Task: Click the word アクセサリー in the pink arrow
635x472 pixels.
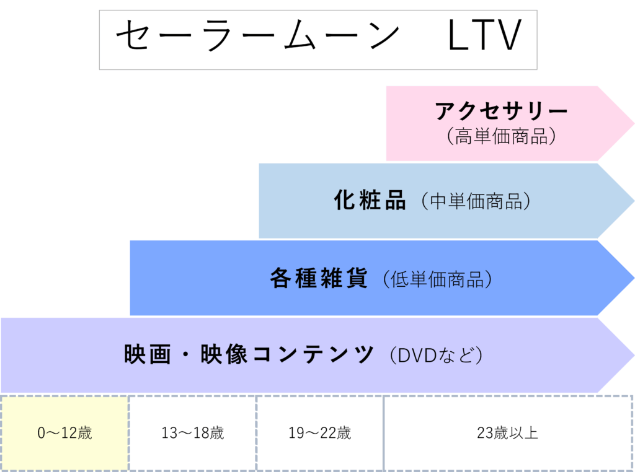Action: coord(501,111)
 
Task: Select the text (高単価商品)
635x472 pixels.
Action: coord(501,136)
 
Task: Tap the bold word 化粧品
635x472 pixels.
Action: coord(370,201)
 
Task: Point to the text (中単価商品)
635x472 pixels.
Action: coord(475,201)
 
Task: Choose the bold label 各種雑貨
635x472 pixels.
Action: coord(319,278)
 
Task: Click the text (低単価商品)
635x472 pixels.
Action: coord(437,279)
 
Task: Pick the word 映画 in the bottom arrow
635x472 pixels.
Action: coord(147,355)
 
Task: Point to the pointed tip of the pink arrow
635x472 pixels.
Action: coord(632,123)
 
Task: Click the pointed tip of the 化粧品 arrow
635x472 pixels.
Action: coord(632,201)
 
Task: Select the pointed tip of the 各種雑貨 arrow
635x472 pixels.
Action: coord(632,278)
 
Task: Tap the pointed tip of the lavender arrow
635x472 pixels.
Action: coord(632,355)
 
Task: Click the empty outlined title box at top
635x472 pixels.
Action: coord(317,40)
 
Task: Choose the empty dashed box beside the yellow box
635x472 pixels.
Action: coord(192,433)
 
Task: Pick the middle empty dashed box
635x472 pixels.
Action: coord(320,433)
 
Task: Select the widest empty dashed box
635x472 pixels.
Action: coord(508,433)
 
